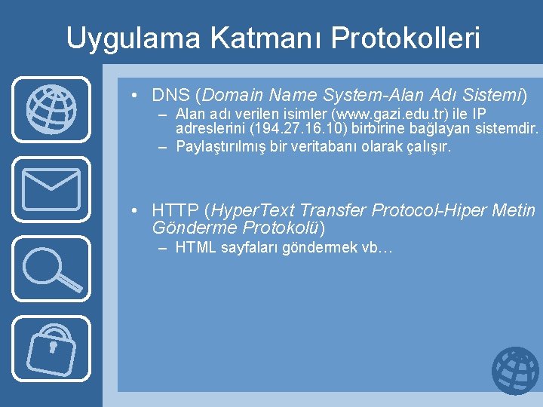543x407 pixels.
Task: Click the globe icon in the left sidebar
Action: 51,109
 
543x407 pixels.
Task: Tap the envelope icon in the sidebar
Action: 51,188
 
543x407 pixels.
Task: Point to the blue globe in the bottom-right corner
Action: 515,370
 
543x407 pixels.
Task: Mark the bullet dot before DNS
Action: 133,96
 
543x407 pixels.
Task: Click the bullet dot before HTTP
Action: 133,210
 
